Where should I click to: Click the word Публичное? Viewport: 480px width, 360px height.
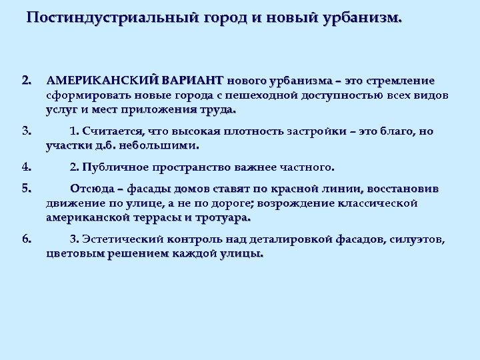117,166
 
